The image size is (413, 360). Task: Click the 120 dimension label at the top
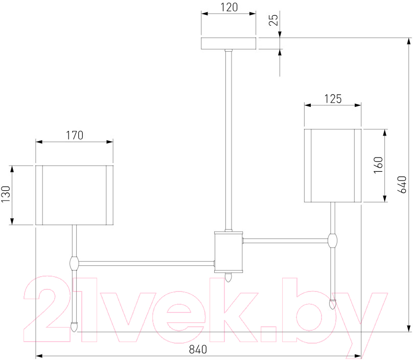(x=229, y=7)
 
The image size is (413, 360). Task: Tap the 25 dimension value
(x=273, y=20)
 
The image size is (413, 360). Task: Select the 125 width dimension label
(x=333, y=99)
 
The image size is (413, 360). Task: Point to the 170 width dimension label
(x=74, y=135)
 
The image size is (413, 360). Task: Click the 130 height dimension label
(x=6, y=194)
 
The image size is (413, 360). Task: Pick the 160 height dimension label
(x=378, y=165)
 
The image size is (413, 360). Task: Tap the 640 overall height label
(x=402, y=185)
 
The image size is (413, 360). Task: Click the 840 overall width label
(x=198, y=349)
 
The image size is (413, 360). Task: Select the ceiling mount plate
(x=228, y=43)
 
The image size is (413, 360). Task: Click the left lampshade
(x=74, y=195)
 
